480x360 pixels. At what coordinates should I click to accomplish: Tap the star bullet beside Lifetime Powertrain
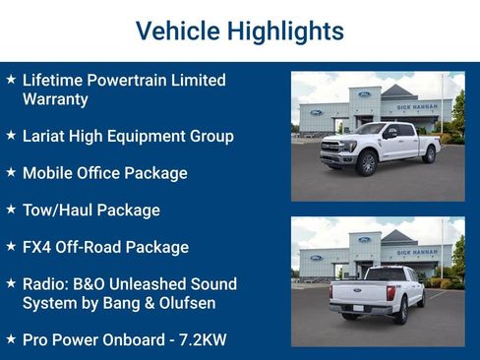click(x=11, y=80)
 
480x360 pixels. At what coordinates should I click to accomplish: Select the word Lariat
click(x=46, y=136)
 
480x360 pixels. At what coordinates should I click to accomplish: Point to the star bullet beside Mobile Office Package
click(x=11, y=172)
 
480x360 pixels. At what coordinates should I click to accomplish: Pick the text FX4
click(x=38, y=247)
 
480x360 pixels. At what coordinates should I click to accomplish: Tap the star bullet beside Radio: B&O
click(x=11, y=283)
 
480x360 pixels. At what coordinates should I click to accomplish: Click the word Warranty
click(x=55, y=99)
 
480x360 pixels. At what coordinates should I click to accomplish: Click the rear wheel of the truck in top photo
click(x=428, y=155)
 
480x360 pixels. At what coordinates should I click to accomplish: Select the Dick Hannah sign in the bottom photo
click(x=418, y=251)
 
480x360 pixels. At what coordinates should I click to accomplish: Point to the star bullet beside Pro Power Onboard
click(x=11, y=339)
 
